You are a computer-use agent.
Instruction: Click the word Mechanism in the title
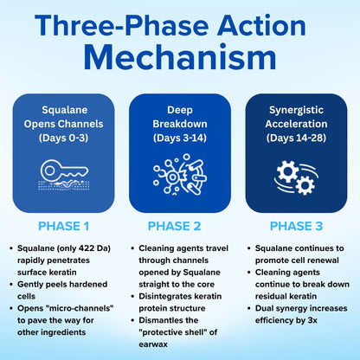[x=180, y=57]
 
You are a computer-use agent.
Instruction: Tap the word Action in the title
[x=261, y=25]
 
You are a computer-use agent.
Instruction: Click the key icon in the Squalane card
[x=64, y=170]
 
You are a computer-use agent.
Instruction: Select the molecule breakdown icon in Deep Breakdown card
[x=180, y=174]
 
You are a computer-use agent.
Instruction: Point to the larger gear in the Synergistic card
[x=287, y=171]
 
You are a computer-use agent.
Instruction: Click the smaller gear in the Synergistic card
[x=305, y=185]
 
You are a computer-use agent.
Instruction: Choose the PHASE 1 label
[x=64, y=226]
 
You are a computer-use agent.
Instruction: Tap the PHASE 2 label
[x=174, y=226]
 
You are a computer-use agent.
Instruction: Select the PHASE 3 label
[x=296, y=226]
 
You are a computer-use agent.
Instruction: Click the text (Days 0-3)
[x=64, y=138]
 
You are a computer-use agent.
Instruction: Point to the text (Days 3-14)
[x=180, y=138]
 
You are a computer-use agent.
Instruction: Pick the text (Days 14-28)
[x=296, y=138]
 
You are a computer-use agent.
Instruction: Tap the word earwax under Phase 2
[x=153, y=344]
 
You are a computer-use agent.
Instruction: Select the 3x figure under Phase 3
[x=312, y=320]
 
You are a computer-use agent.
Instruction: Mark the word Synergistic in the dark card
[x=296, y=110]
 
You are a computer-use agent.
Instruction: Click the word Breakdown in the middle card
[x=180, y=124]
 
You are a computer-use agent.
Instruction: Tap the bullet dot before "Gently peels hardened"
[x=11, y=285]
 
